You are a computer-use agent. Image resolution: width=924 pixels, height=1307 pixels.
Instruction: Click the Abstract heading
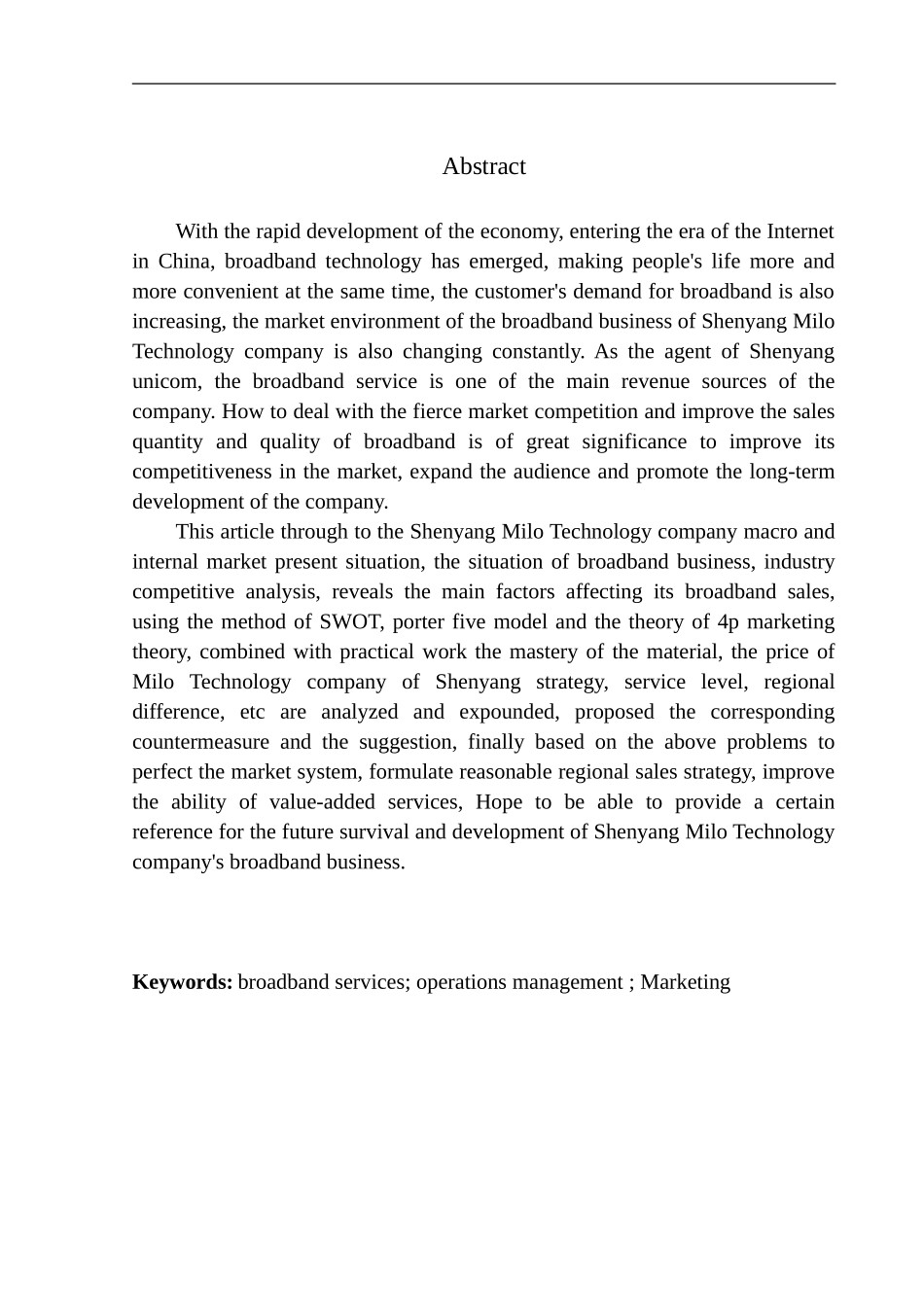483,166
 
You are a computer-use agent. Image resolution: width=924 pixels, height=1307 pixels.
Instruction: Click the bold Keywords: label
182,982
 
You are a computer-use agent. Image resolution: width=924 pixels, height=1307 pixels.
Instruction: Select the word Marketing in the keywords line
685,982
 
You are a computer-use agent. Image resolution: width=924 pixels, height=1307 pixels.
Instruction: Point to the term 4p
728,621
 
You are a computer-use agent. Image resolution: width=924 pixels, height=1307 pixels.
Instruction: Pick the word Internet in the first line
800,231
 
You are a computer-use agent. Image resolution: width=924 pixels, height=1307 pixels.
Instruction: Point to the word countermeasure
200,742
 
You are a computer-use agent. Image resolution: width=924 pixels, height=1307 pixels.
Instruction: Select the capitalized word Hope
499,802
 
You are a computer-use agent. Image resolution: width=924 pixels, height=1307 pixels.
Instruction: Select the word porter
418,621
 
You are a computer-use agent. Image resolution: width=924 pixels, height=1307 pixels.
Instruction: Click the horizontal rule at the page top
483,84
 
